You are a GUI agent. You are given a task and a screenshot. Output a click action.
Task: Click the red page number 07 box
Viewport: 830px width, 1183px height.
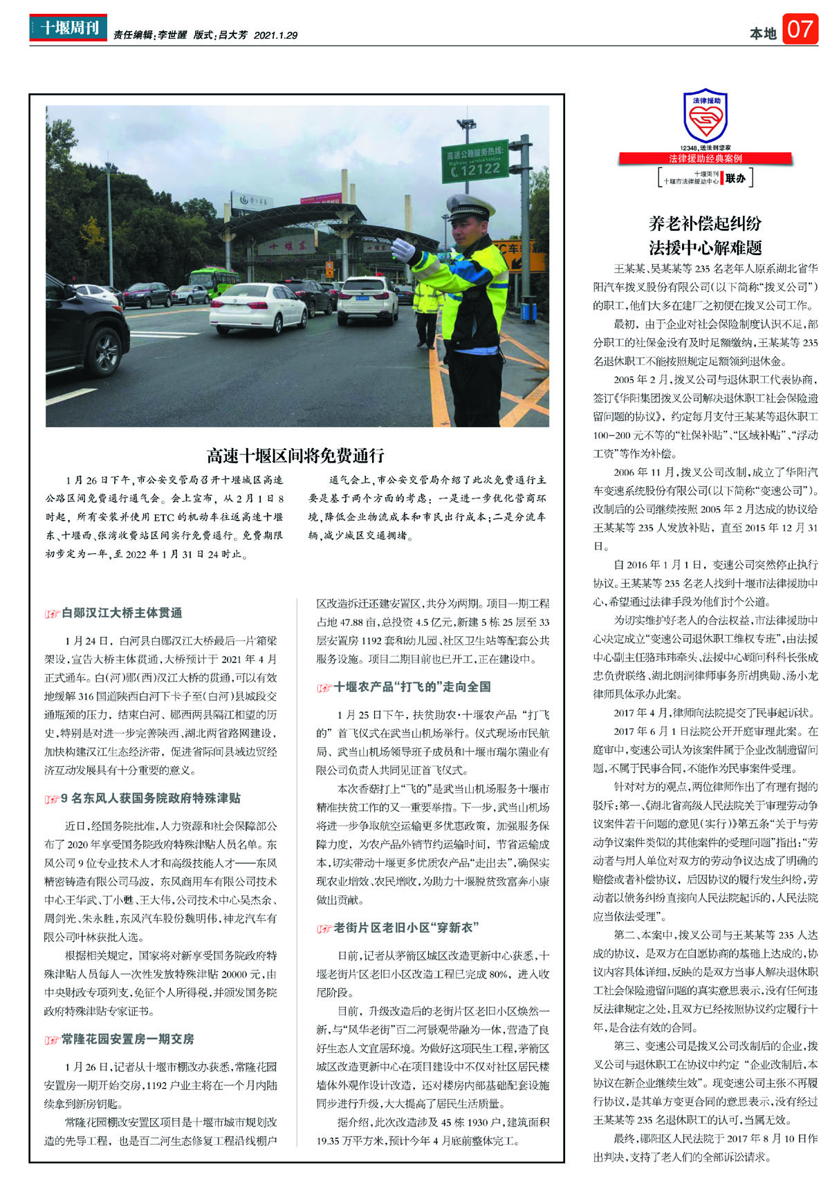800,30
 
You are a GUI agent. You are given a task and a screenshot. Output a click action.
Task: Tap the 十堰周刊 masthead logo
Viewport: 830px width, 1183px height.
68,28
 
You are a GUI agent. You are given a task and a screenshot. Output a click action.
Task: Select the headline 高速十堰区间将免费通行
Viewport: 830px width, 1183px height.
295,456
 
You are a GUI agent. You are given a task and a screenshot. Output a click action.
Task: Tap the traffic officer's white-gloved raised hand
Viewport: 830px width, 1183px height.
402,249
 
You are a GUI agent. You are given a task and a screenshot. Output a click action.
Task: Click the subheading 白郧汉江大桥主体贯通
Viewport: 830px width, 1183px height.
122,613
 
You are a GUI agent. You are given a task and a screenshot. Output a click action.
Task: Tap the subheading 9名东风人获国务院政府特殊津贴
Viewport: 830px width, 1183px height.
150,799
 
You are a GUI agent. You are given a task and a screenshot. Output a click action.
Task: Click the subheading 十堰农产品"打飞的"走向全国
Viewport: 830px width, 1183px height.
412,687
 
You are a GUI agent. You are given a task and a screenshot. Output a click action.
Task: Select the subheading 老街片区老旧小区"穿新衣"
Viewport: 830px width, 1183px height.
406,928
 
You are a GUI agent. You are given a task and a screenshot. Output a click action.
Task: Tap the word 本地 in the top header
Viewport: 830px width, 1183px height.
763,32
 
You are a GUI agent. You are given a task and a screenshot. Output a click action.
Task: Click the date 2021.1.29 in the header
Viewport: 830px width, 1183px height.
275,35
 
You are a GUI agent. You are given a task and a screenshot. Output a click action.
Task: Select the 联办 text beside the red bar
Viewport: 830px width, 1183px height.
735,178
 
